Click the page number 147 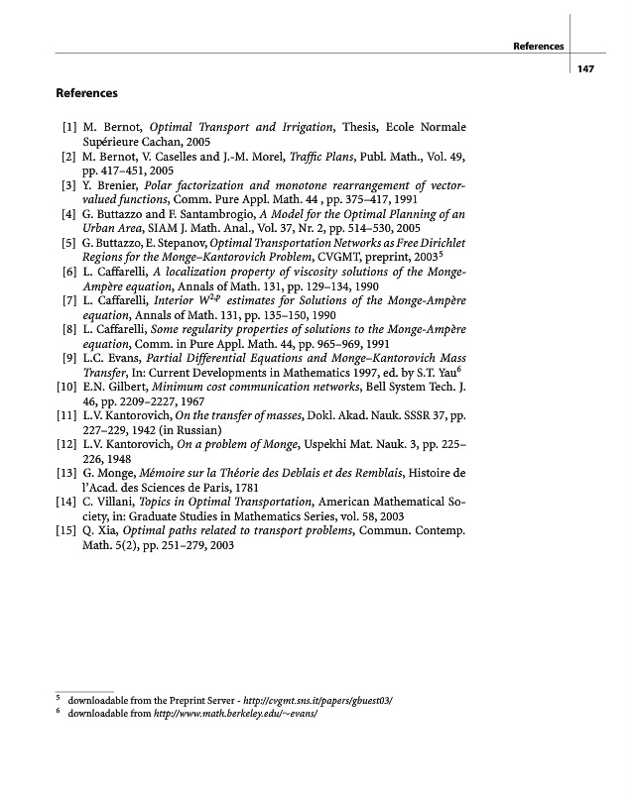point(584,67)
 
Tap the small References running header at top point(538,46)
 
